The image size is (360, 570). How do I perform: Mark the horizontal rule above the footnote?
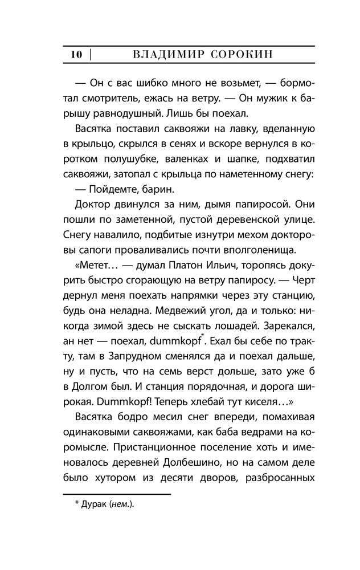pyautogui.click(x=117, y=494)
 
